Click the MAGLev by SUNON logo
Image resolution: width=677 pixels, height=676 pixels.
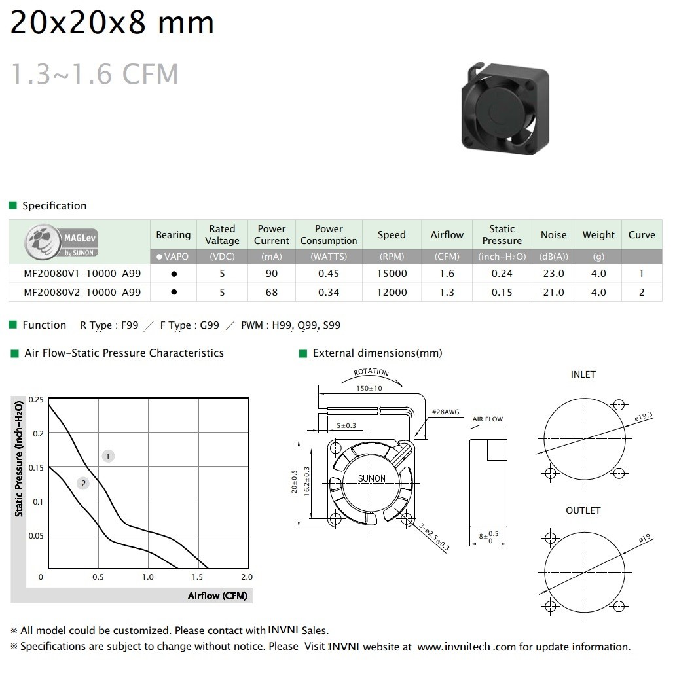coord(61,241)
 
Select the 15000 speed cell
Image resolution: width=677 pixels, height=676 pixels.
coord(392,274)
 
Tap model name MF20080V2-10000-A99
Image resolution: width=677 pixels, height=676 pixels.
coord(82,293)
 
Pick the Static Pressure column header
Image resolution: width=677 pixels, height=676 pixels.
coord(502,234)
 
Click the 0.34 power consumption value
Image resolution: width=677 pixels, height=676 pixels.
coord(329,293)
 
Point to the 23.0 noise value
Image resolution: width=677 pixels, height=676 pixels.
coord(553,274)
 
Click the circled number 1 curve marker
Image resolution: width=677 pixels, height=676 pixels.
coord(108,456)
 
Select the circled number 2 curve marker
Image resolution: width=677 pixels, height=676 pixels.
coord(83,483)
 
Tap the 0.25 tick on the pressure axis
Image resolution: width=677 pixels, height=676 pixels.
coord(36,400)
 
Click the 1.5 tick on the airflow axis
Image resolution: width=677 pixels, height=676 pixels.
coord(197,577)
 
